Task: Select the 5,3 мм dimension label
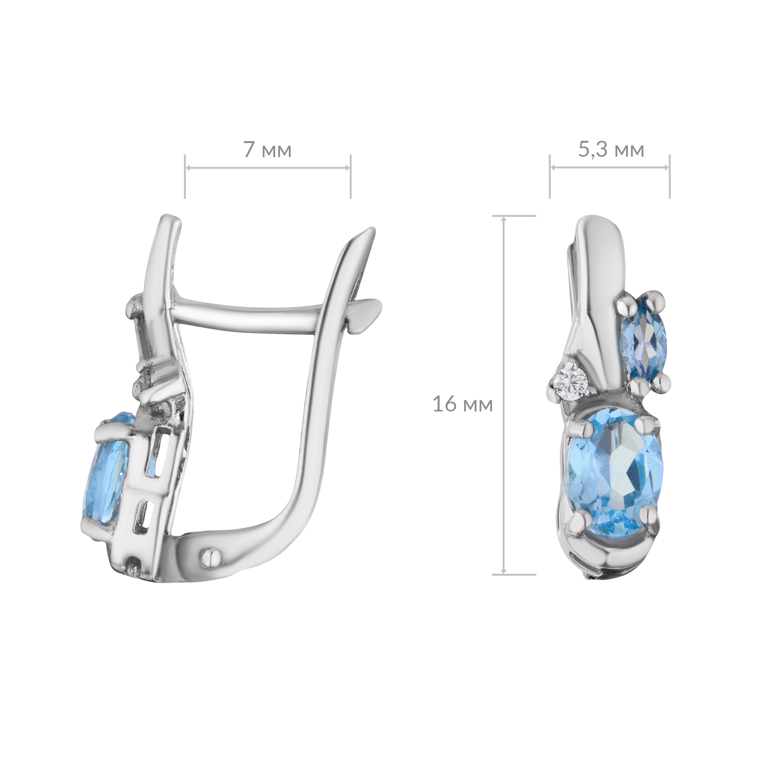(x=612, y=151)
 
